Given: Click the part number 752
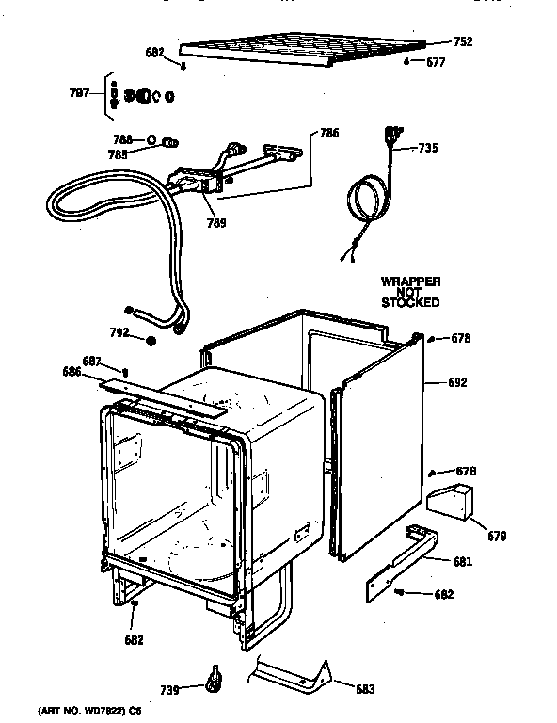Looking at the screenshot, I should (462, 41).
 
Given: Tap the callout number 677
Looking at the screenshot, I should (436, 62).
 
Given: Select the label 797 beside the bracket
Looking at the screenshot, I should (79, 92).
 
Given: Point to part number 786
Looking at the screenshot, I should (328, 134).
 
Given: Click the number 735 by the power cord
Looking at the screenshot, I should (427, 148).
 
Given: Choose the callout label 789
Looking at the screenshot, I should (215, 224).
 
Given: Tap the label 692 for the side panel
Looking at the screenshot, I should (457, 383).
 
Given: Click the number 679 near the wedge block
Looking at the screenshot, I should (496, 537).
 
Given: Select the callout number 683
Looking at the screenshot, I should (365, 687).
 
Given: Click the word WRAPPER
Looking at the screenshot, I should (410, 281).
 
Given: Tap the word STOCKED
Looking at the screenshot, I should (410, 303).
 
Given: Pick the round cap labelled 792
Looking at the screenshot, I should (149, 340).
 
